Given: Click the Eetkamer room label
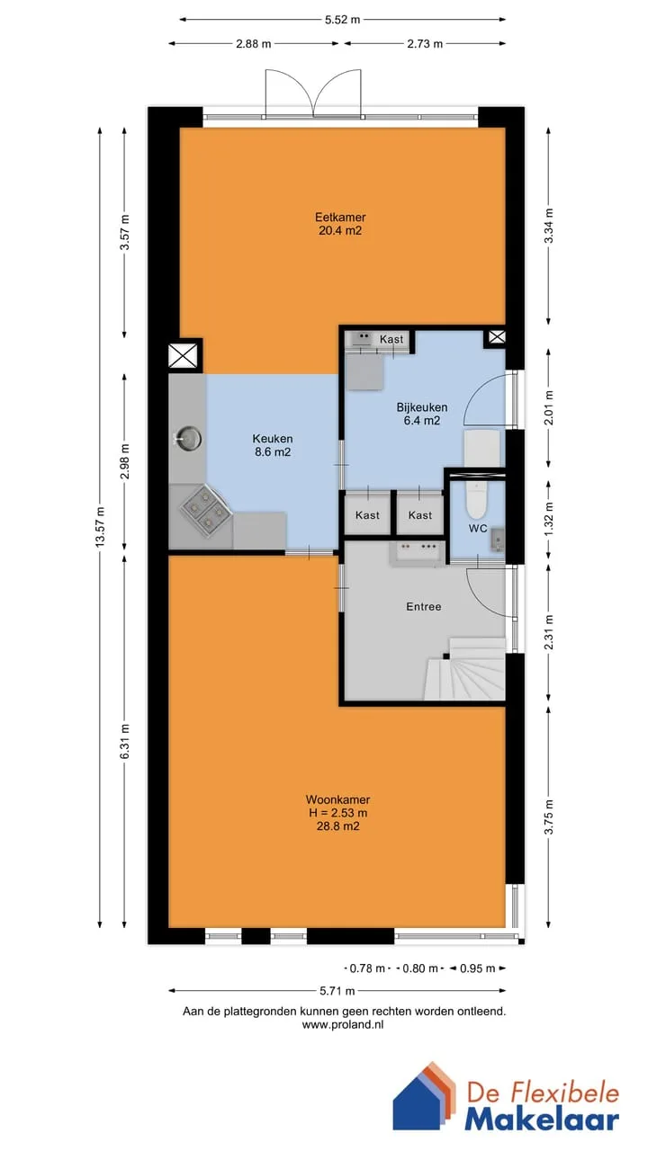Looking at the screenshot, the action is [x=340, y=217].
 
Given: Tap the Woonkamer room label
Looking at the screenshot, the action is [x=337, y=799].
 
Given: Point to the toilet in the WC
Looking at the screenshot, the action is [x=476, y=498].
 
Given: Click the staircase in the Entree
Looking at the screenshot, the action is [x=464, y=668].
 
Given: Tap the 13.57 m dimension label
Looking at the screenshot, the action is [x=100, y=527].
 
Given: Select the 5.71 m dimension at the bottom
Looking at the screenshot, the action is [x=337, y=991].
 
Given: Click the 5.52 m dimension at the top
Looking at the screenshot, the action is [x=343, y=20].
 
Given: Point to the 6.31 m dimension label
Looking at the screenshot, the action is [x=124, y=741].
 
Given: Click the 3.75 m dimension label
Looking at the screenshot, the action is [x=549, y=817].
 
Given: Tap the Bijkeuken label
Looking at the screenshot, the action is [x=422, y=407].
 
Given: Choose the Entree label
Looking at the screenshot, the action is [x=424, y=607].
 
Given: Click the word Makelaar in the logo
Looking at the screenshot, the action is [x=542, y=1120].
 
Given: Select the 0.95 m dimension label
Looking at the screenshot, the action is [x=477, y=968].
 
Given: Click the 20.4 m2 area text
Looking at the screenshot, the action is [x=340, y=230].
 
